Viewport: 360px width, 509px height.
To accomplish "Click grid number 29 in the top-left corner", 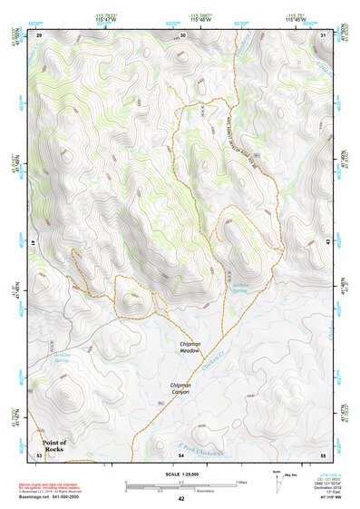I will tap(39, 34).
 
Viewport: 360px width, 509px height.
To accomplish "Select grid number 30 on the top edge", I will tap(183, 34).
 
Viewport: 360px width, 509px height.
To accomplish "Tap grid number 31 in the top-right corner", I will tap(324, 34).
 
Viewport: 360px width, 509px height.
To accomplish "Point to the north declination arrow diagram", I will tap(277, 481).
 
